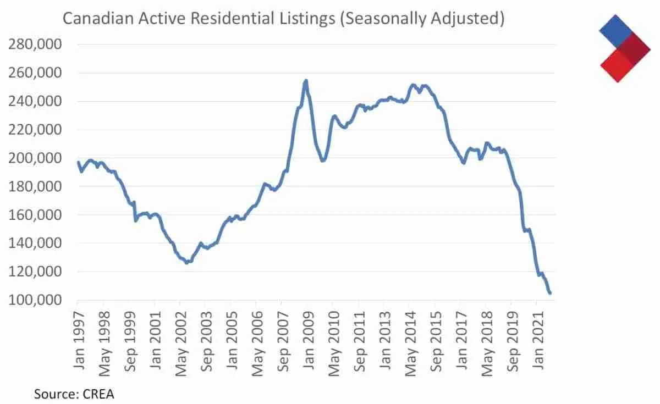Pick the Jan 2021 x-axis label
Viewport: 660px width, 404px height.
537,335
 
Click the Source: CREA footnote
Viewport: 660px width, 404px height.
74,394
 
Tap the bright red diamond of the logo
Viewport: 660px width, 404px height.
614,65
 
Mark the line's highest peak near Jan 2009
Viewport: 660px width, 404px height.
306,80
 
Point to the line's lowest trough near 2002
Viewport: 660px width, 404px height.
187,263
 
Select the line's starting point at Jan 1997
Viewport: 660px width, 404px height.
78,162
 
